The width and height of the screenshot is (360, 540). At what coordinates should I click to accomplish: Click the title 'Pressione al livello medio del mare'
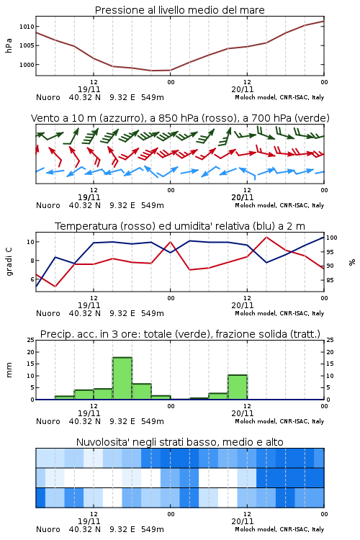tap(179, 10)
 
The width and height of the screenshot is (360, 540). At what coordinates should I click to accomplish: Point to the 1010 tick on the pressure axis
tap(27, 27)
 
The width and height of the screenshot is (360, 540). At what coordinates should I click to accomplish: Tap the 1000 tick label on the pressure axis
tap(27, 65)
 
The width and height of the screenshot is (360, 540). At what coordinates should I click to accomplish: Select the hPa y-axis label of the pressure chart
tap(9, 45)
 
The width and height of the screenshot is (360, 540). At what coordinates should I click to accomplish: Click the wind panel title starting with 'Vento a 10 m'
tap(180, 118)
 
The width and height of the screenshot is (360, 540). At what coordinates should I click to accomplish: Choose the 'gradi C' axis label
tap(9, 261)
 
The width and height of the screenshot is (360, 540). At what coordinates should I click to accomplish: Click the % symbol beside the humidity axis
tap(352, 262)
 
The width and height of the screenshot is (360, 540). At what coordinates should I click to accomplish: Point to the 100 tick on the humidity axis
tap(332, 238)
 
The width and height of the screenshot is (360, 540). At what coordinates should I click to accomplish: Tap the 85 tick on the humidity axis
tap(330, 280)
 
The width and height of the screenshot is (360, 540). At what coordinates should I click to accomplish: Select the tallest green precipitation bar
tap(122, 379)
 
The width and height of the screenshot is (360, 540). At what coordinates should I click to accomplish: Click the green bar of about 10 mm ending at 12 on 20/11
tap(238, 387)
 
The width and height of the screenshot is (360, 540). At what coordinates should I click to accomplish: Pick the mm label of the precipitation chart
tap(9, 370)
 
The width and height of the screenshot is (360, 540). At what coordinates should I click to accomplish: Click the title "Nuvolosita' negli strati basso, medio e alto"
tap(179, 442)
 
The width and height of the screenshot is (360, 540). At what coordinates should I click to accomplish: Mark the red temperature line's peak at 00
tap(170, 242)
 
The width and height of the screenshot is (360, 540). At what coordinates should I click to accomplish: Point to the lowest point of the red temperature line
tap(55, 287)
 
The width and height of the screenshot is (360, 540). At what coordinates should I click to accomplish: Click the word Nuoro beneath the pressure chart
tap(48, 97)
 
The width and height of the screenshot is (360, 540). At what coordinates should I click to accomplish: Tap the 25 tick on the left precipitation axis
tap(31, 340)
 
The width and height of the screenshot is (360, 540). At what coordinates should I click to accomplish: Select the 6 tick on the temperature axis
tap(32, 279)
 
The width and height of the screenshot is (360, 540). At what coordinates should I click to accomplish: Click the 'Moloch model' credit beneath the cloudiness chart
tap(255, 529)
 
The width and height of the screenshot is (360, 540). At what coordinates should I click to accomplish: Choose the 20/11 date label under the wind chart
tap(243, 197)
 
